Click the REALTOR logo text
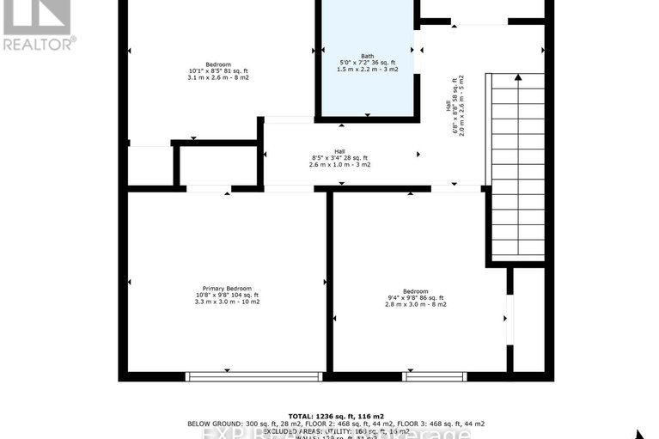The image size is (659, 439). point(40,41)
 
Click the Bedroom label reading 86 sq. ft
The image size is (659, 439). point(415,297)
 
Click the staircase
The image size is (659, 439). point(516,168)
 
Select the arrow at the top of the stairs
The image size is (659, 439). point(518,78)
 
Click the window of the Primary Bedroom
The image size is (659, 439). point(255,375)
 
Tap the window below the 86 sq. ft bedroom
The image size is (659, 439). point(435,375)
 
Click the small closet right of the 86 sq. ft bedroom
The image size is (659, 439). point(528,320)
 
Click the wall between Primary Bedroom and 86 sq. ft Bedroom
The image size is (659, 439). point(329,284)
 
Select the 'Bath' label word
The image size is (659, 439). point(368,56)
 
